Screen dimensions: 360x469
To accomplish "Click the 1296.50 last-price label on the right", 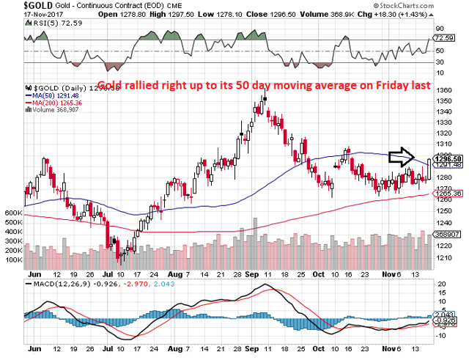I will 448,158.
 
